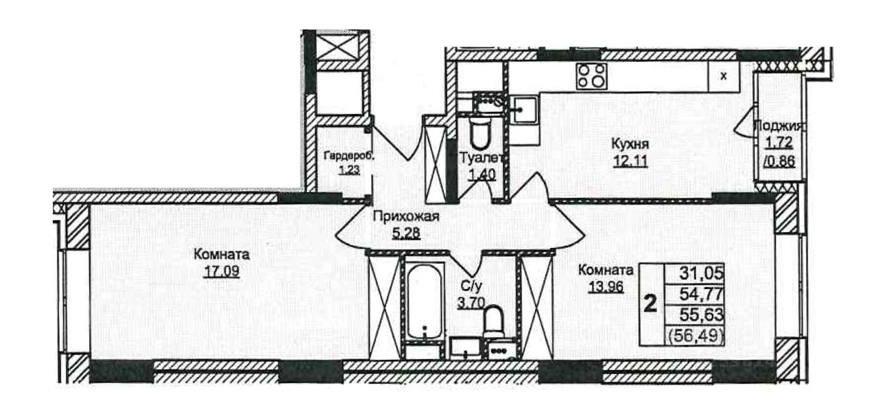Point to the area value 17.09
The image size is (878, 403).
[221, 271]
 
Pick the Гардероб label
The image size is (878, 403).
[349, 156]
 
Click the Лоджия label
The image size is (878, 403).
[779, 126]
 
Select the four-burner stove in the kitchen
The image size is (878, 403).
[591, 76]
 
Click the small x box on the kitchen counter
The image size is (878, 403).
[723, 76]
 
